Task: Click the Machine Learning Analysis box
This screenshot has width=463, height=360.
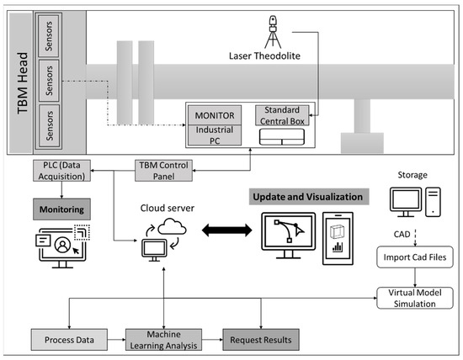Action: (162, 339)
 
